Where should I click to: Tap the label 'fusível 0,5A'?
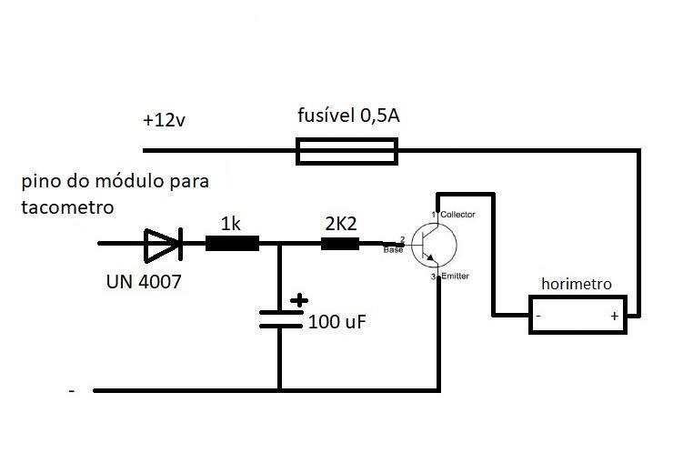coord(348,116)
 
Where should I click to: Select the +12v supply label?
coord(164,120)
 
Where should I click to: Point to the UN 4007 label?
coord(144,282)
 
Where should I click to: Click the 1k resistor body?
coord(232,243)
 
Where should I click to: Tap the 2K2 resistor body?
coord(340,244)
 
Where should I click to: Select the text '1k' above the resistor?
coord(230,224)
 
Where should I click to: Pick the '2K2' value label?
coord(341,224)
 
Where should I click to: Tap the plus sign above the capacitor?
coord(299,300)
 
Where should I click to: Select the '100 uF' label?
coord(337,322)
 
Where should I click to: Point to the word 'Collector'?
coord(457,215)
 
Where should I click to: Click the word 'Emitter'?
coord(456,276)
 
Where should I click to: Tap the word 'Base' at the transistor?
coord(393,250)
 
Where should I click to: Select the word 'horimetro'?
coord(577,284)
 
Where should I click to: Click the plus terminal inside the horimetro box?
coord(614,316)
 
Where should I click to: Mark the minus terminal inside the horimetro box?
coord(538,316)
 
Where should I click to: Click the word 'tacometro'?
coord(67,206)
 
